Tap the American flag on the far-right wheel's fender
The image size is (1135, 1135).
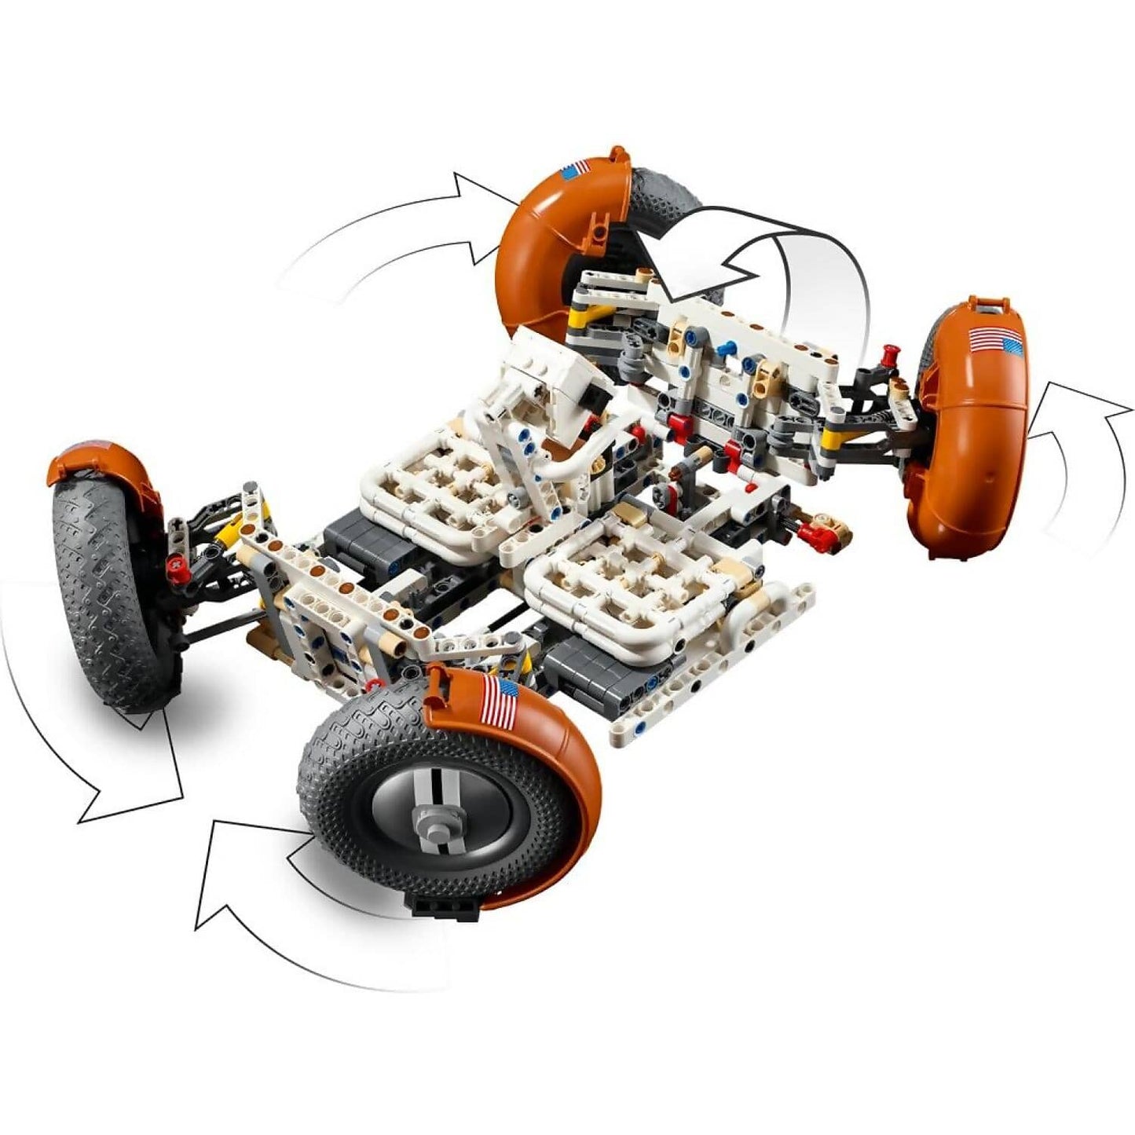(x=995, y=342)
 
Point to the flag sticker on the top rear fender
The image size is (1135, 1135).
(x=575, y=169)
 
